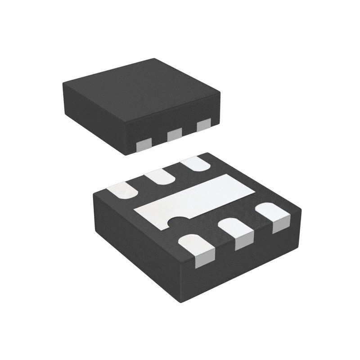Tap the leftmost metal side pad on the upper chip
tap(144, 146)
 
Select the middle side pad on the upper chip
tap(174, 134)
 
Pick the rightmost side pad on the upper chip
tap(204, 124)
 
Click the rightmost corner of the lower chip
tap(301, 209)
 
